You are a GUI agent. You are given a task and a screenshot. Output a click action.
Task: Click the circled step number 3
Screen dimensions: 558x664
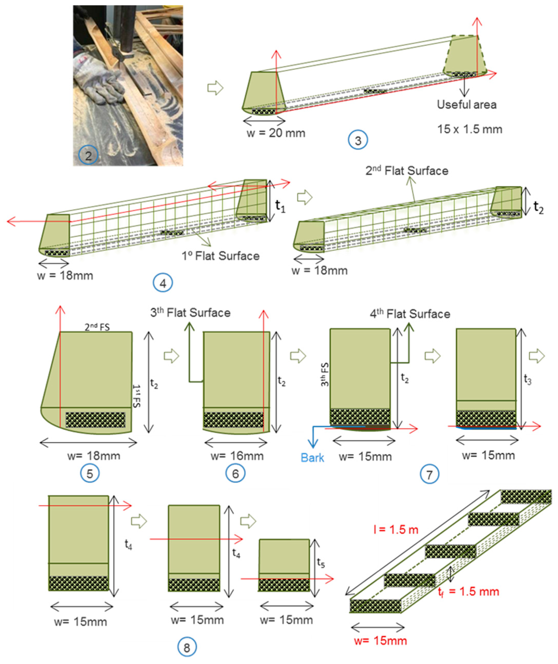[358, 140]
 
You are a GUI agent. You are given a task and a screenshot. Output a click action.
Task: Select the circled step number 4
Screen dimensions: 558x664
[163, 283]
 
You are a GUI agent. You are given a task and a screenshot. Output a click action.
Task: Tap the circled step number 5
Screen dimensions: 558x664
[90, 474]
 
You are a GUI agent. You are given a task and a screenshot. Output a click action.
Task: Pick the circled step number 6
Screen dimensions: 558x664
[236, 474]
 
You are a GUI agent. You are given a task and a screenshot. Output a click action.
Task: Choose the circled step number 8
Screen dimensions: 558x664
[187, 647]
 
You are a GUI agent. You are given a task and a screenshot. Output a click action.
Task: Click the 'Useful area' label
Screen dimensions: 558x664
[467, 105]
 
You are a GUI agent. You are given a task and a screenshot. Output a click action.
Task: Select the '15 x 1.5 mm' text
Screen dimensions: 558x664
[470, 129]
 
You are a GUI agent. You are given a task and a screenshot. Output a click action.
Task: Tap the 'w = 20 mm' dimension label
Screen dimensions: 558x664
[276, 133]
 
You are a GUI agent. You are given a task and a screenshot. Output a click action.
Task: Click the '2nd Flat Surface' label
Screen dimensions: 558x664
[407, 171]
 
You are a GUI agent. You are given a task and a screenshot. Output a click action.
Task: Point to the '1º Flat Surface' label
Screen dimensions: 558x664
[220, 256]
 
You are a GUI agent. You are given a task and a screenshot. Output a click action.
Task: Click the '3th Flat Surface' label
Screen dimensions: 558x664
[190, 313]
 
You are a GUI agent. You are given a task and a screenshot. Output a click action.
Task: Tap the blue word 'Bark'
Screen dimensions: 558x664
[312, 458]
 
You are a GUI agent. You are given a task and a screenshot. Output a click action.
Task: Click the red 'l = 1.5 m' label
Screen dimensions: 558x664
[396, 529]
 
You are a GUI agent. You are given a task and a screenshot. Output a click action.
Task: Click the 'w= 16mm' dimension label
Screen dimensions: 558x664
[237, 456]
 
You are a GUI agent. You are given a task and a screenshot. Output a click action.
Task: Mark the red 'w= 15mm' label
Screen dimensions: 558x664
[380, 641]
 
